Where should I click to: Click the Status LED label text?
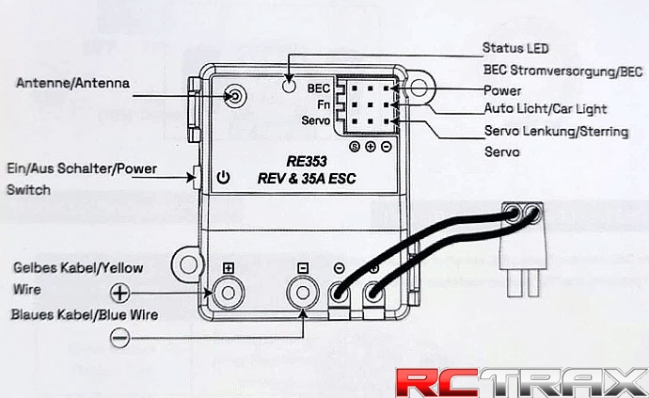515,47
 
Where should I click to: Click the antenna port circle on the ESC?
234,96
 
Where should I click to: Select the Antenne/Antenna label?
72,83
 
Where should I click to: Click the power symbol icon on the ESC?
223,177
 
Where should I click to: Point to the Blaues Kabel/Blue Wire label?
85,314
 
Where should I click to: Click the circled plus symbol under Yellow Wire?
119,292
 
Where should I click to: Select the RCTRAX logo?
518,379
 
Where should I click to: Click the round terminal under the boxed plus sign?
228,295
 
